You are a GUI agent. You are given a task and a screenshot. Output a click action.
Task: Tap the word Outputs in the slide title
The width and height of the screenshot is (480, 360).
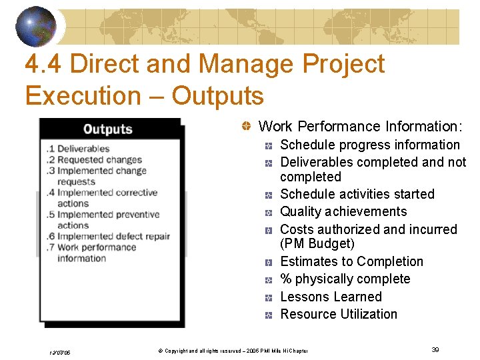click(217, 95)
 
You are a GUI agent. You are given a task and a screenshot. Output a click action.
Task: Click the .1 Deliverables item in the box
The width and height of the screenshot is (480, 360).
click(78, 149)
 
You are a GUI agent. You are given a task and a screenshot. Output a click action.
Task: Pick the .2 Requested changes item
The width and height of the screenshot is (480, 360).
click(94, 159)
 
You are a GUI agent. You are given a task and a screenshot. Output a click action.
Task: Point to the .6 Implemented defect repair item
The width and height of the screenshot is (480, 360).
click(108, 236)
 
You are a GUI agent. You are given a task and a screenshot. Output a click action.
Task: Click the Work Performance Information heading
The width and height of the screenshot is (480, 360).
click(360, 126)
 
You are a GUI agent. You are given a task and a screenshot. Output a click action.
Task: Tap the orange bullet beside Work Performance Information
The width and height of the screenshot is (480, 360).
click(247, 127)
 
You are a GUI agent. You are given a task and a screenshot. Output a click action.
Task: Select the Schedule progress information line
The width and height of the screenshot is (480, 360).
click(369, 145)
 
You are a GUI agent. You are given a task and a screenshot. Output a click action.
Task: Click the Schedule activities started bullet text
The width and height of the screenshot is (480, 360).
click(357, 194)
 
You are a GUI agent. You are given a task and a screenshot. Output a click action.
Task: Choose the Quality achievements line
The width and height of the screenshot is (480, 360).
click(343, 211)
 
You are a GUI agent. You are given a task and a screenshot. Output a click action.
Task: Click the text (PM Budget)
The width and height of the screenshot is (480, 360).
click(317, 244)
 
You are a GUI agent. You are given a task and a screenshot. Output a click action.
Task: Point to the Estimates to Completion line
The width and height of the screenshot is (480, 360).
click(351, 261)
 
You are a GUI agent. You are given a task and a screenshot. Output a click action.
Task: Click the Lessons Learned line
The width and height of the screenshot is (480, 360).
click(331, 297)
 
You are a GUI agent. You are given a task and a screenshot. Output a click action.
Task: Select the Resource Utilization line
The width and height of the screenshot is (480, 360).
click(338, 314)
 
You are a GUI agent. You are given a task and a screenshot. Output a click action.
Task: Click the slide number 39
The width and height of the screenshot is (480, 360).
click(435, 349)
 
